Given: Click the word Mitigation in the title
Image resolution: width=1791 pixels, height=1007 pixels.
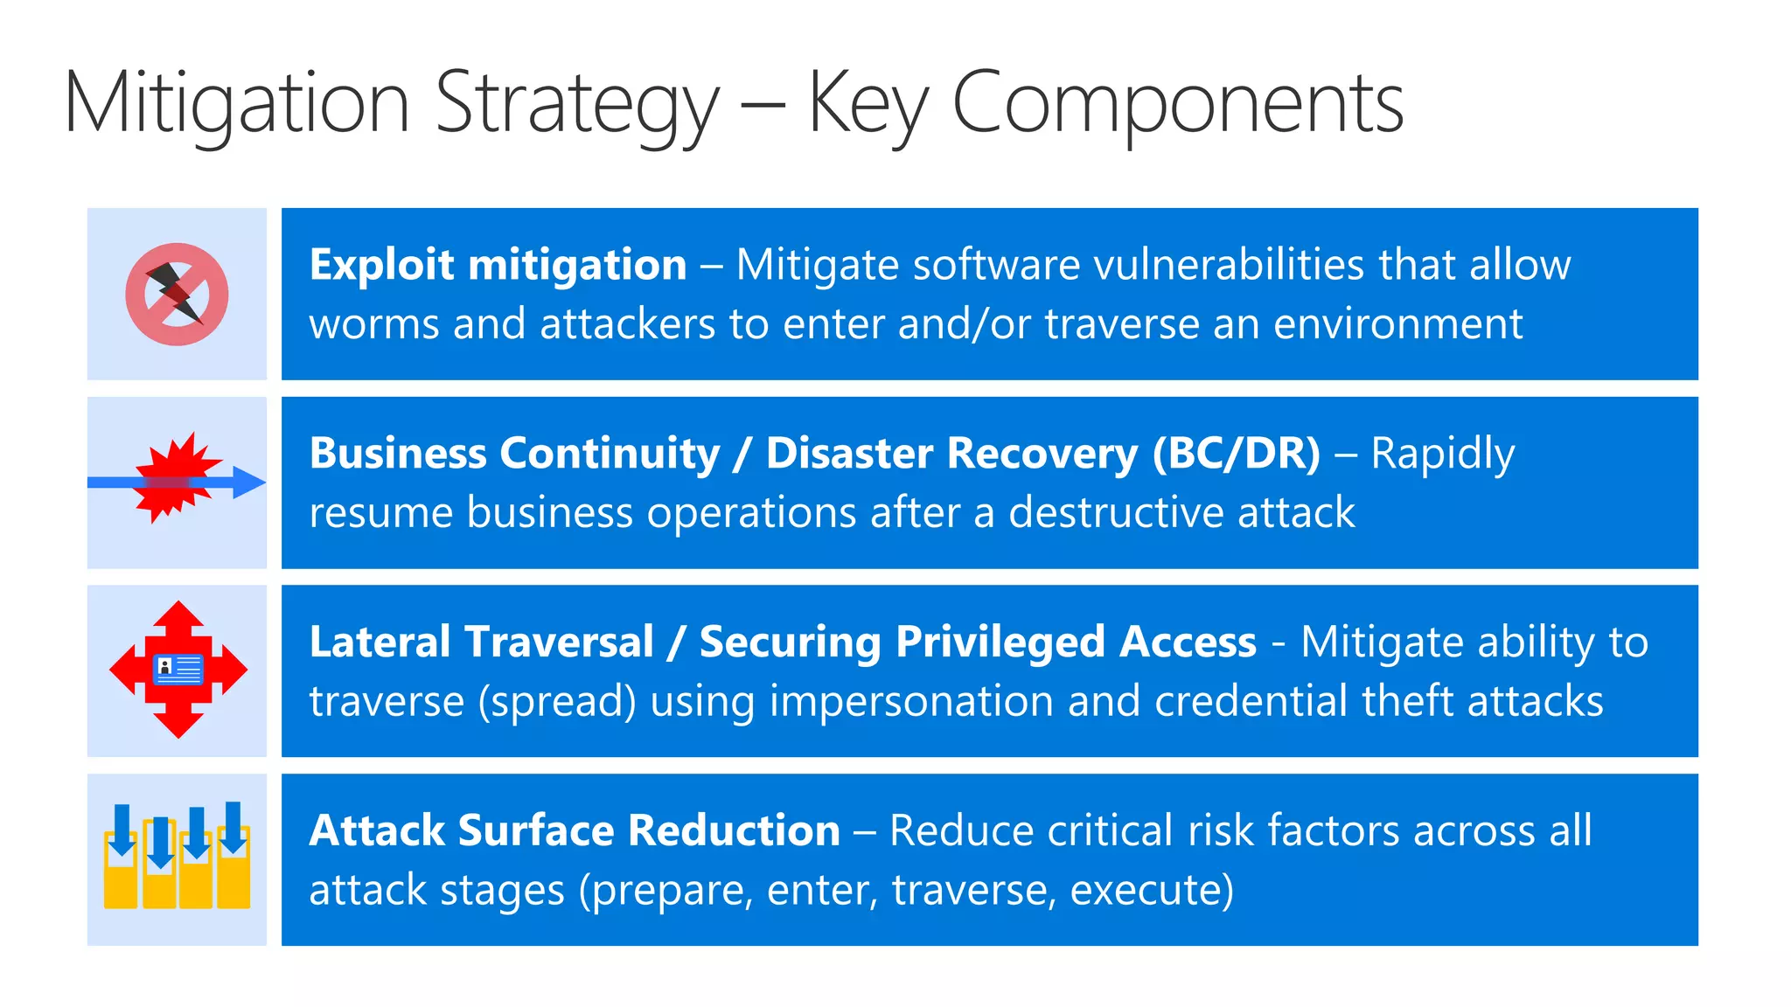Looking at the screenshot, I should coord(236,103).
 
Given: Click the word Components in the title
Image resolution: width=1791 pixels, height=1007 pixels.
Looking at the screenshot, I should coord(1177,103).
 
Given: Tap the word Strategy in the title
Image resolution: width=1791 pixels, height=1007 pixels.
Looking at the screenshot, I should coord(577,103).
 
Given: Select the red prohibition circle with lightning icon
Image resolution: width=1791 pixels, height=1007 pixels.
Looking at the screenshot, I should coord(177,295).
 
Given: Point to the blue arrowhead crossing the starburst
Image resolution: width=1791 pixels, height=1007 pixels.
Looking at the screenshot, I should coord(248,482).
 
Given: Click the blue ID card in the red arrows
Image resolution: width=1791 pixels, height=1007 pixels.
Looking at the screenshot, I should coord(178,670).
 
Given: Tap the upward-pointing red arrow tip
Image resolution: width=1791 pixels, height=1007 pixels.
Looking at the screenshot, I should coord(178,610).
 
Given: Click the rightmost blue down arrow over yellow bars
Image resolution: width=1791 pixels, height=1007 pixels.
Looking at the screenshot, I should coord(233,826).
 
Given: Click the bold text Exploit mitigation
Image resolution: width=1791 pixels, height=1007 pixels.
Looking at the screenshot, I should coord(498,265).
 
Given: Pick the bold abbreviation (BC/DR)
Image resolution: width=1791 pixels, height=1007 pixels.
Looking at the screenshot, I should coord(1236,454).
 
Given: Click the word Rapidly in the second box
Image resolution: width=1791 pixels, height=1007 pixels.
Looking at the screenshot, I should coord(1442,454).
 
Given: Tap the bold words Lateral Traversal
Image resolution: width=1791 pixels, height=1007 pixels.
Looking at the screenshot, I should coord(481,642).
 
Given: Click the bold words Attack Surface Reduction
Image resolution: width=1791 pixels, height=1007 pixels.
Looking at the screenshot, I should coord(575,830).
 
